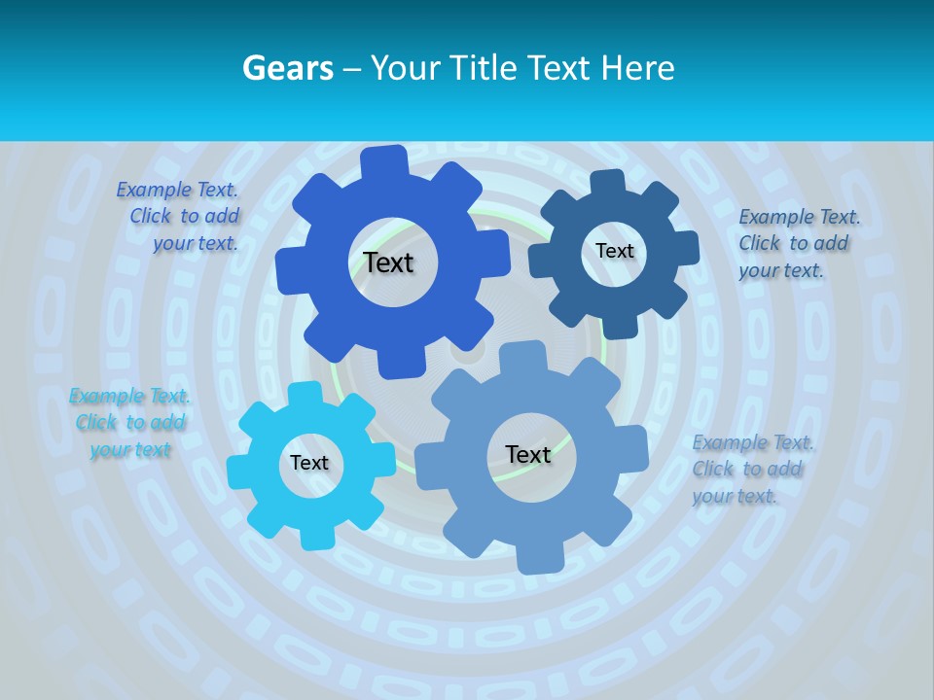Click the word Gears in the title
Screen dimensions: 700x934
pos(288,68)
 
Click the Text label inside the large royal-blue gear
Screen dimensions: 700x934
pos(388,262)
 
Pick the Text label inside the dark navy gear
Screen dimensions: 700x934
pos(614,251)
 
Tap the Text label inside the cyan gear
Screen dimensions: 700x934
pos(309,464)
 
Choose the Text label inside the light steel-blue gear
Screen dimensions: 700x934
pos(528,455)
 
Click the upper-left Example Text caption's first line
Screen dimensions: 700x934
pos(177,191)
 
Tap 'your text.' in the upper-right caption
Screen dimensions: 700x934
pos(780,270)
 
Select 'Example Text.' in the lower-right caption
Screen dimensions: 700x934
pos(753,443)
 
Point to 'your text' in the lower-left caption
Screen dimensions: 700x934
pos(130,449)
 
